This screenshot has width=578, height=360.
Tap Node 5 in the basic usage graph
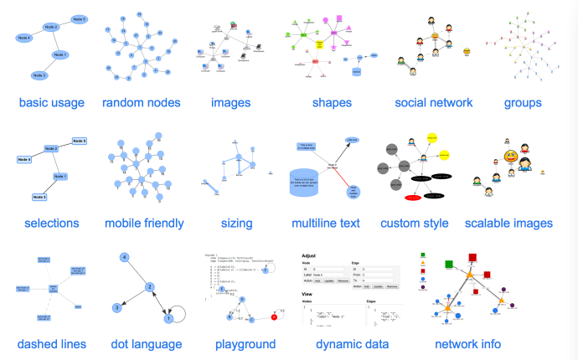click(x=80, y=18)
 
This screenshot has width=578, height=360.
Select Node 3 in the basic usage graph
click(x=39, y=75)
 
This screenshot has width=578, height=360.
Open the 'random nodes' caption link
click(x=142, y=103)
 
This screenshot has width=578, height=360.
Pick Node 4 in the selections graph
click(x=25, y=158)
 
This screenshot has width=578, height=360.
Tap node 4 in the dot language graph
click(x=123, y=257)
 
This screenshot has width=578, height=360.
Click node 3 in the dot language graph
click(x=117, y=307)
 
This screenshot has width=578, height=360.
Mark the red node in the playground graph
click(x=273, y=317)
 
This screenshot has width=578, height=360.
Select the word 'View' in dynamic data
click(x=308, y=295)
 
